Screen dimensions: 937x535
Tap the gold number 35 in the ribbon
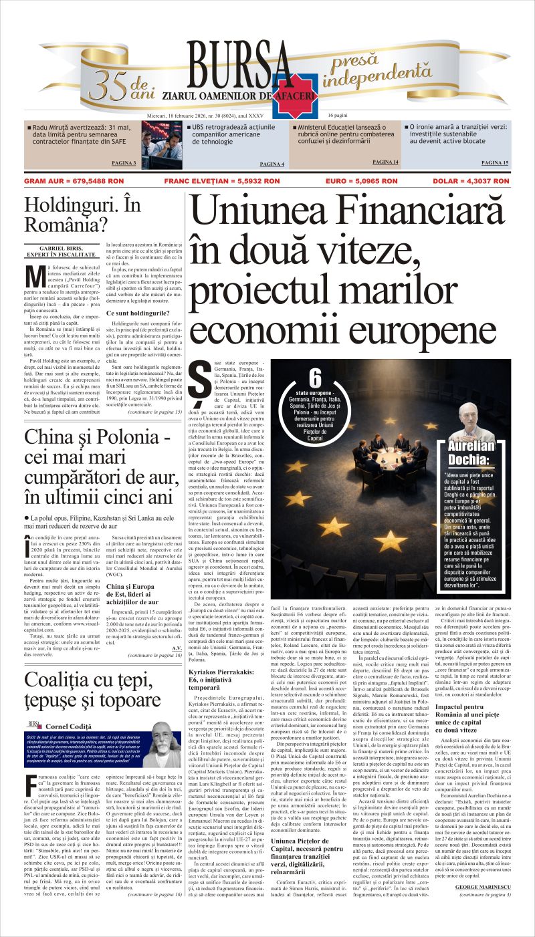(x=108, y=85)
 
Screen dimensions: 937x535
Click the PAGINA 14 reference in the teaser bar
(x=385, y=162)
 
